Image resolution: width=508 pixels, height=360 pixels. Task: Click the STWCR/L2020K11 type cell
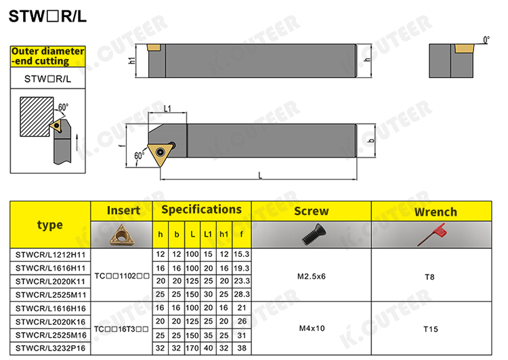tap(51, 281)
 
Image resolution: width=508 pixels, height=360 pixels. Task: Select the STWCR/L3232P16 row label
tap(51, 348)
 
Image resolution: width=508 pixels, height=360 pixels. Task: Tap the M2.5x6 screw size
tap(312, 277)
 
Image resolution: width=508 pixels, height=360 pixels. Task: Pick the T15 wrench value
tap(431, 329)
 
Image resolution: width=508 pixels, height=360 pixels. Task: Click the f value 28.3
tap(242, 294)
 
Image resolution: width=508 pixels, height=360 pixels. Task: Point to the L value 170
tap(192, 348)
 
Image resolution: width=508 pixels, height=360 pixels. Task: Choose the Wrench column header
tap(436, 212)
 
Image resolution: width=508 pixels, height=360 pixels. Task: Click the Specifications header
tap(202, 209)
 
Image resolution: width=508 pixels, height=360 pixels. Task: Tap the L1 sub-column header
tap(208, 234)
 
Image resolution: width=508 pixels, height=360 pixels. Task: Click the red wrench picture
tap(431, 234)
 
